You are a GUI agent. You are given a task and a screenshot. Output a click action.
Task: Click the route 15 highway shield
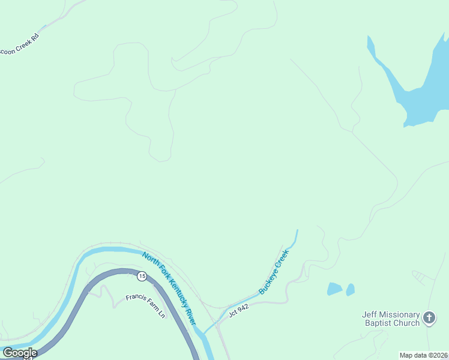coord(141,276)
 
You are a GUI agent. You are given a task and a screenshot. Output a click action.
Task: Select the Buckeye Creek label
coord(274,271)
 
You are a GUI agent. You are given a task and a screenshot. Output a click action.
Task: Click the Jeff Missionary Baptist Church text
coord(391,319)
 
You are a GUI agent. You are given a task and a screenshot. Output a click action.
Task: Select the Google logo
coord(20,353)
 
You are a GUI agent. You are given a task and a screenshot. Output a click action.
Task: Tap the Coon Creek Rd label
coord(20,45)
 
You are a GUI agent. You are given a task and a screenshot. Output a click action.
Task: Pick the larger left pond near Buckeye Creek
coord(334,289)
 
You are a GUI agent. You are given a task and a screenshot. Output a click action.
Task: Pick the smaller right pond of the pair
coord(351,289)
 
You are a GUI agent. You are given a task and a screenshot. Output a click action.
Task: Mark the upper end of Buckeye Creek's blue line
coord(297,230)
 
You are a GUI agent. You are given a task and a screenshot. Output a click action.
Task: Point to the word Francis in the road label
coord(135,299)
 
